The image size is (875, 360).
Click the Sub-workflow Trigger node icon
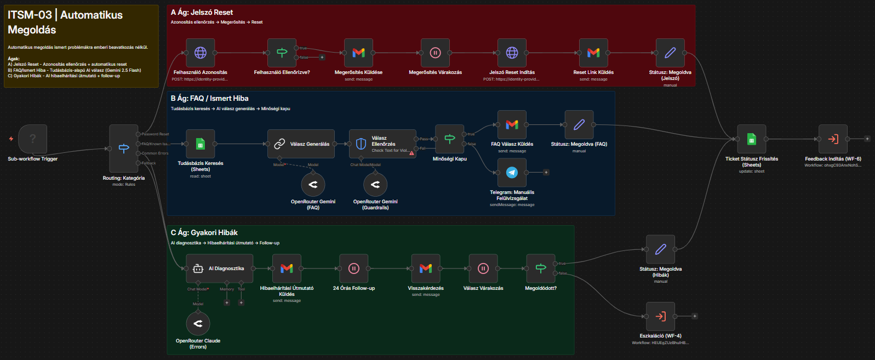32,139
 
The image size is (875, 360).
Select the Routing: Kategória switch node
124,148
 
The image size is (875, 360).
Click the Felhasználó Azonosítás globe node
201,53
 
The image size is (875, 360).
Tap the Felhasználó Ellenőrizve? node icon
282,53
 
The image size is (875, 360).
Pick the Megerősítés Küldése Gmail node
358,53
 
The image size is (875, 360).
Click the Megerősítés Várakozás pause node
435,53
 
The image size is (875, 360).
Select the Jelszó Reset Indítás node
512,53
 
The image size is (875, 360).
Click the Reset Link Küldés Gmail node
593,53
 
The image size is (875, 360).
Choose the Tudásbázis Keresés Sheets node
201,144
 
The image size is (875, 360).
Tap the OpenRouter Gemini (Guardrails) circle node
375,185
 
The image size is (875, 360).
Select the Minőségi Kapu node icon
450,139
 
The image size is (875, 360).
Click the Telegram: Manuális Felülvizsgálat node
512,173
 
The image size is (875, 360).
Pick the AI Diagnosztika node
219,268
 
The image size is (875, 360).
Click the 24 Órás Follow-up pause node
353,268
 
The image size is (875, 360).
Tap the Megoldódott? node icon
540,268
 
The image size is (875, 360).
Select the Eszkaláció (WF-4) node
660,316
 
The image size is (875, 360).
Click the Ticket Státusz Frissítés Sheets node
752,139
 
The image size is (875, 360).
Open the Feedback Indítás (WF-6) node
833,139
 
